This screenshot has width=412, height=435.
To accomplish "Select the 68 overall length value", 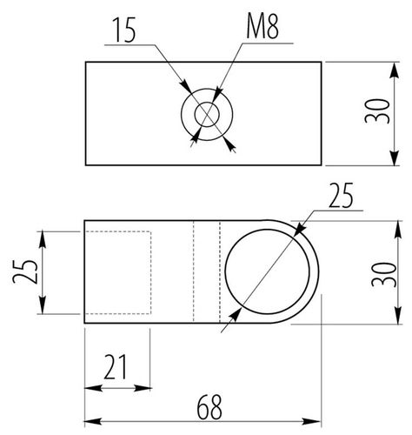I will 207,405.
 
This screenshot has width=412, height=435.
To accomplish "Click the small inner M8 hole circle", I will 207,114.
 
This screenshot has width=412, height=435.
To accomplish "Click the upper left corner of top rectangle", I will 85,62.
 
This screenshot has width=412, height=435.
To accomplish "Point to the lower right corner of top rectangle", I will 322,164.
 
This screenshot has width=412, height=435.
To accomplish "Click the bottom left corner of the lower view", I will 85,324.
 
